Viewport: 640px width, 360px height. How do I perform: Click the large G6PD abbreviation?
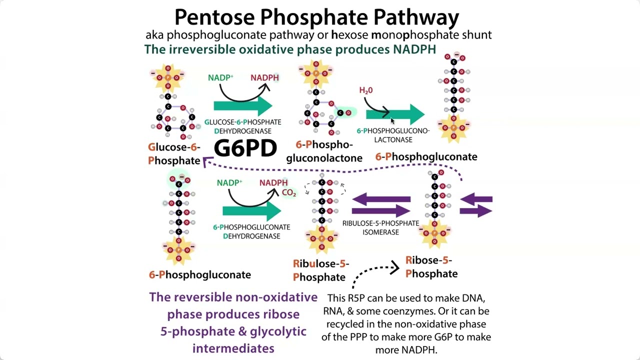click(x=245, y=148)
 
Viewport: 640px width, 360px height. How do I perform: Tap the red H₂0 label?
click(x=366, y=90)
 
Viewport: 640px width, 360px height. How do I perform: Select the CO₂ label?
click(x=289, y=193)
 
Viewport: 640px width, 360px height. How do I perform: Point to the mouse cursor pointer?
click(x=392, y=121)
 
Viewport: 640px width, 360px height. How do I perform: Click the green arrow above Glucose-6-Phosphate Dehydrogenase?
click(x=243, y=106)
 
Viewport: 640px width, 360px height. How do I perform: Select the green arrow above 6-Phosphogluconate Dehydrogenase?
click(x=252, y=211)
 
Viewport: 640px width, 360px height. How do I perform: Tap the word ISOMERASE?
click(x=381, y=232)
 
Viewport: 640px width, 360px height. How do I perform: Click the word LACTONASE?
click(x=393, y=139)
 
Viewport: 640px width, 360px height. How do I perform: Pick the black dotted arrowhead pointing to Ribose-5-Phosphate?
click(x=395, y=267)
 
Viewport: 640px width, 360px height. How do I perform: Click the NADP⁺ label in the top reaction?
click(x=220, y=77)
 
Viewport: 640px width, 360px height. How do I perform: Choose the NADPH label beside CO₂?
click(x=273, y=182)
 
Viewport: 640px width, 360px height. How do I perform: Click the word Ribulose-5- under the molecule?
click(x=321, y=263)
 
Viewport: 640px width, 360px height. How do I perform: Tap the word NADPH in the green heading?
click(x=414, y=49)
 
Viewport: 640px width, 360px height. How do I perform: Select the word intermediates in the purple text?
click(x=233, y=348)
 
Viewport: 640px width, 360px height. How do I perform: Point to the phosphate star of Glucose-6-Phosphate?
click(x=168, y=77)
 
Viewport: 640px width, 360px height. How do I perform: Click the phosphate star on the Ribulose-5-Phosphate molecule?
click(x=321, y=238)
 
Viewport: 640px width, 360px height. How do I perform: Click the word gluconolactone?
click(x=324, y=158)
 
